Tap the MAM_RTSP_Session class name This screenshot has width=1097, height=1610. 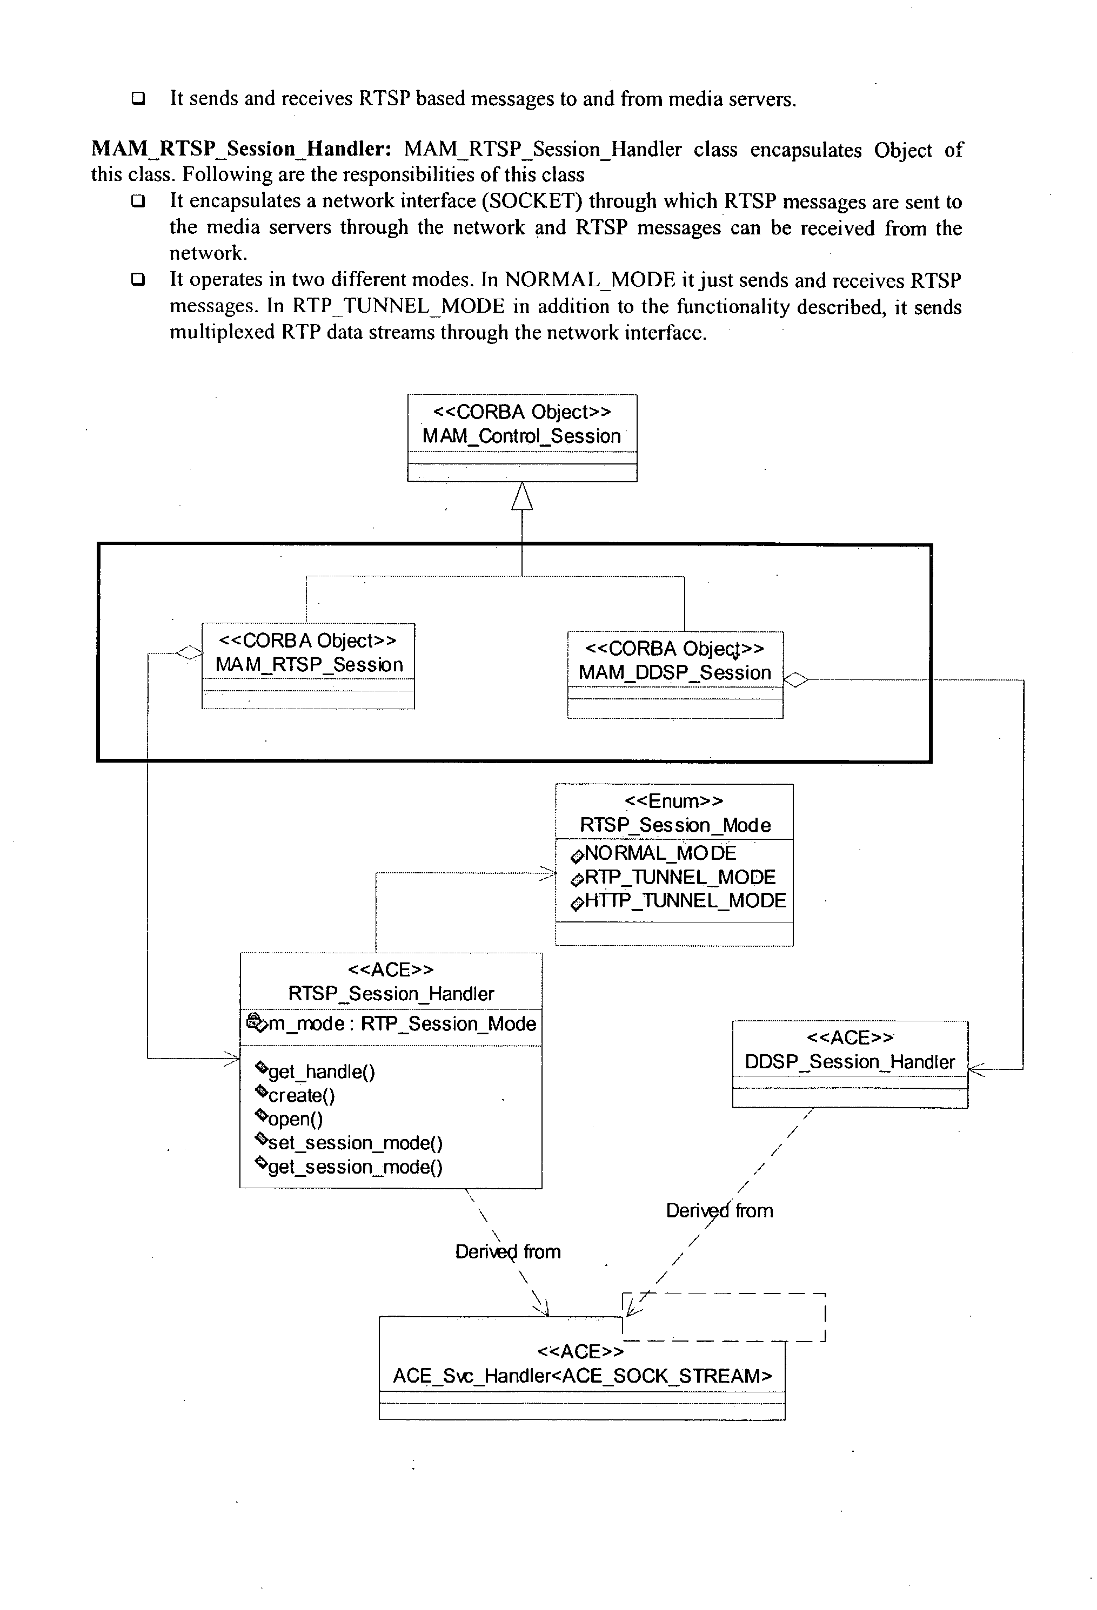coord(309,664)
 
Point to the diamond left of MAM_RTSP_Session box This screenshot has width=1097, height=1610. coord(189,652)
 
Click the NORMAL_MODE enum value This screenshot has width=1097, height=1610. coord(660,853)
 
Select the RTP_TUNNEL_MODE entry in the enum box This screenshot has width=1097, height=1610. coord(679,877)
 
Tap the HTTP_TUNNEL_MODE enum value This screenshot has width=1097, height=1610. coord(685,901)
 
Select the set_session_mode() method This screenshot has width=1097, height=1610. coord(355,1142)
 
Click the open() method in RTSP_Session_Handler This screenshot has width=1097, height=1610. coord(295,1119)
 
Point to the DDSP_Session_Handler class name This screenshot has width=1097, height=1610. coord(849,1061)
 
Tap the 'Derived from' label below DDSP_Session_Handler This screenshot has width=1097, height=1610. coord(719,1210)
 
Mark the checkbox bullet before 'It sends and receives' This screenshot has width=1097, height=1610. coord(138,98)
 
